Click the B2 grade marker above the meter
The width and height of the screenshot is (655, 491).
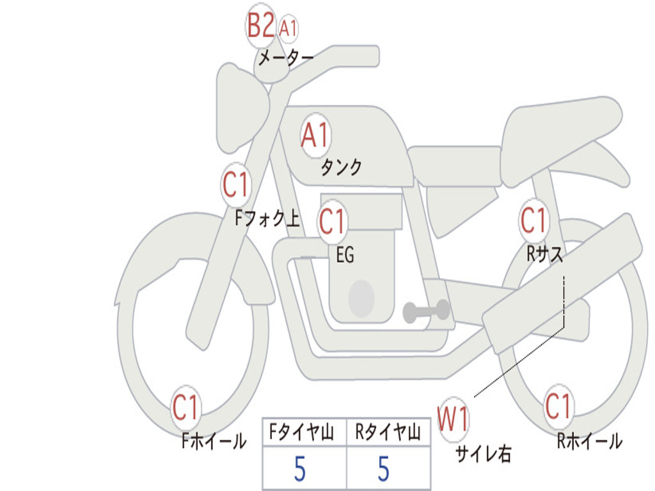pos(261,26)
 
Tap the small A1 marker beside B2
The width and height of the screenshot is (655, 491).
pos(288,29)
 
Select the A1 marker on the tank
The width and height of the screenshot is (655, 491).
pos(315,136)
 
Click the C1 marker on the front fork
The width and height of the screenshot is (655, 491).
pos(235,185)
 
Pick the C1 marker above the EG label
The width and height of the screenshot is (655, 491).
pos(332,221)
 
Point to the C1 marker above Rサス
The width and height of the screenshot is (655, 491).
pos(533,220)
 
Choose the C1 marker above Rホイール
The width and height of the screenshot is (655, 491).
pos(558,406)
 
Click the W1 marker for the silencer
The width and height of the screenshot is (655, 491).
pos(453,419)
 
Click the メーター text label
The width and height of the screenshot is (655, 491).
pos(286,58)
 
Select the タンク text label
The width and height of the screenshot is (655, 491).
pos(341,167)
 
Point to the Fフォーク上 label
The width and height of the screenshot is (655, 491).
pos(267,218)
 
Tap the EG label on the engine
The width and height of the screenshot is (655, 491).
pos(345,254)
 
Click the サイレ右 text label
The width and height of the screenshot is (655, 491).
pos(484,454)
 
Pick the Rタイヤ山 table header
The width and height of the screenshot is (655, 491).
pos(388,432)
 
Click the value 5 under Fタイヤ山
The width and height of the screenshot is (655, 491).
pos(300,469)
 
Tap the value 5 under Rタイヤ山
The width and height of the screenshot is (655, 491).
pos(384,469)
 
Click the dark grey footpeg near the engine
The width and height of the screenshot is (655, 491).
pos(426,311)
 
